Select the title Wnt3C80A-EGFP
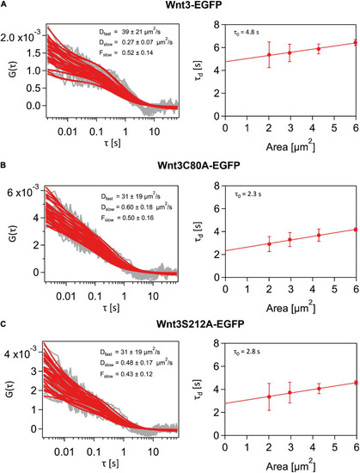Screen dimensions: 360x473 [x=198, y=166]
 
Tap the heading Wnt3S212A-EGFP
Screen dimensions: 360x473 [x=200, y=324]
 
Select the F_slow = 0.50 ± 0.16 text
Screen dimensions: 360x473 [x=127, y=218]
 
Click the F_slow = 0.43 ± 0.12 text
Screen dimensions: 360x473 [x=126, y=375]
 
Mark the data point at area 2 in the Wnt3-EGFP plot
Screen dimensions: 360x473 [x=269, y=54]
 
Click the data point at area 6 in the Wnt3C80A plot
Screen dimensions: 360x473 [x=356, y=230]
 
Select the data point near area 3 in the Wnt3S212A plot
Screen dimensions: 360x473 [x=290, y=392]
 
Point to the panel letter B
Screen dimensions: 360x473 [x=3, y=165]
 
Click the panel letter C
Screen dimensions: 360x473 [x=3, y=324]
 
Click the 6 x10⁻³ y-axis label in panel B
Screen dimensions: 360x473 [x=23, y=193]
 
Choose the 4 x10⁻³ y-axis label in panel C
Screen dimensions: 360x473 [x=22, y=353]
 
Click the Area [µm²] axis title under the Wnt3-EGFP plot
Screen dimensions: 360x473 [x=290, y=147]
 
